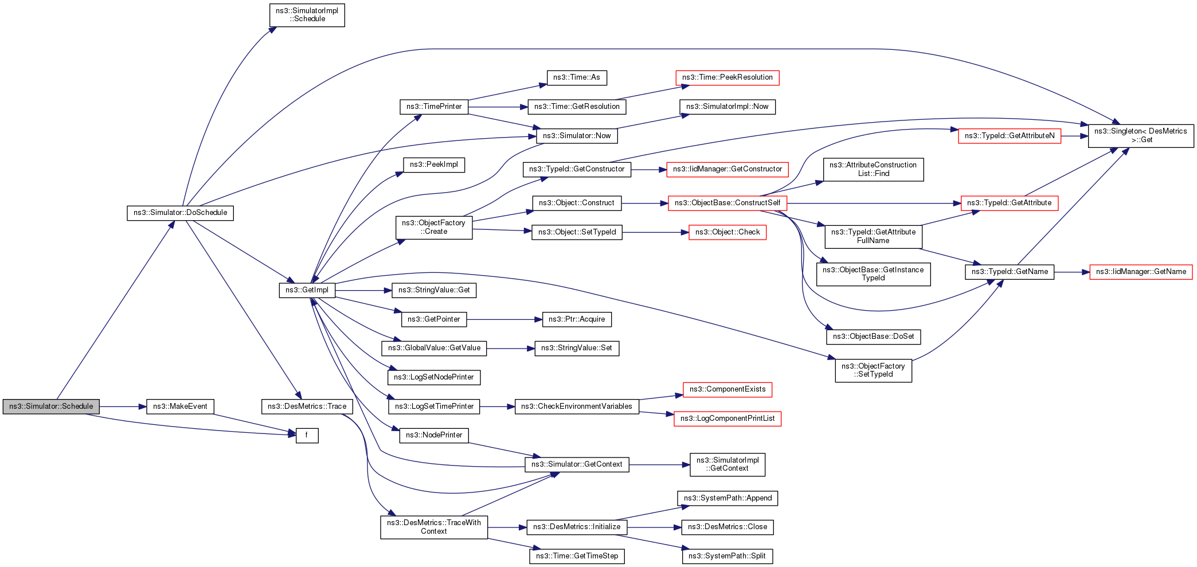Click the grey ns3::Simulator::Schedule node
tap(51, 406)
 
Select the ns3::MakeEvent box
tap(180, 406)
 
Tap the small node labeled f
tap(307, 436)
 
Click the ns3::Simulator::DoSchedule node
tap(180, 213)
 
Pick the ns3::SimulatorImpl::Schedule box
tap(307, 15)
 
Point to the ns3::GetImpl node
tap(307, 290)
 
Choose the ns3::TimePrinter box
tap(434, 107)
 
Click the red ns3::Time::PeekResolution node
tap(727, 77)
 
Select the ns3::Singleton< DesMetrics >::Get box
tap(1140, 136)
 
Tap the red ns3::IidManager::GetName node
tap(1140, 272)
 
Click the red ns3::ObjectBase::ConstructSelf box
tap(727, 203)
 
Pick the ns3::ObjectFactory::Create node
tap(433, 228)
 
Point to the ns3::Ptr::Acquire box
tap(576, 319)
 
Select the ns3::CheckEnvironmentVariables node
tap(576, 406)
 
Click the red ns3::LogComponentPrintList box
tap(727, 419)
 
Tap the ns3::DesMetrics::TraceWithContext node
tap(433, 527)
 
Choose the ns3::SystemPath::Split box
tap(727, 556)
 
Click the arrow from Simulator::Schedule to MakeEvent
tap(123, 406)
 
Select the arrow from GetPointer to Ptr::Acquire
tap(504, 319)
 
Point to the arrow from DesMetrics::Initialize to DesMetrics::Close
tap(654, 527)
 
